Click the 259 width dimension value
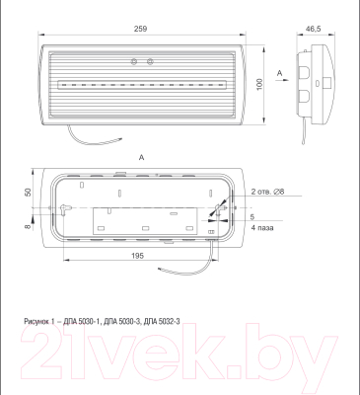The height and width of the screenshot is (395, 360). (140, 29)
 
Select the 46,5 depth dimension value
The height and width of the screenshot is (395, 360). (314, 29)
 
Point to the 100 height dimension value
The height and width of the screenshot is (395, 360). (259, 85)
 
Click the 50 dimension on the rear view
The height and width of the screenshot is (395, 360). (28, 192)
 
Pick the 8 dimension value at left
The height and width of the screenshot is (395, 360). (28, 226)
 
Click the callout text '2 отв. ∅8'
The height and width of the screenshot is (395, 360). (267, 192)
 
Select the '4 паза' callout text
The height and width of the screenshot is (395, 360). (262, 228)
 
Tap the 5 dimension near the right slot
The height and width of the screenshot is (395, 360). (252, 217)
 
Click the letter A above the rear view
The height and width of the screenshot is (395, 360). (141, 158)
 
